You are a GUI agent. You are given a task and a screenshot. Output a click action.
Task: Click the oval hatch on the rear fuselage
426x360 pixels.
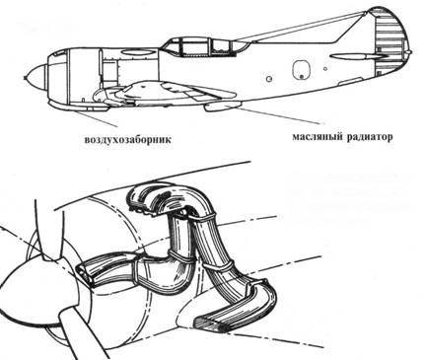point(299,69)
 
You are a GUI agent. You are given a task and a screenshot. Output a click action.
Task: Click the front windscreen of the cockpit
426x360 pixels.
point(165,45)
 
